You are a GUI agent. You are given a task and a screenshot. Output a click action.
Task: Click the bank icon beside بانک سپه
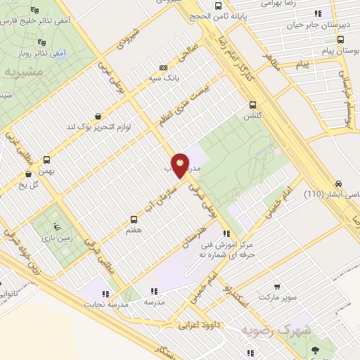pyautogui.click(x=163, y=67)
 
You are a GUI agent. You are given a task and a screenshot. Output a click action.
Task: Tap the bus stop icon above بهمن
pyautogui.click(x=46, y=160)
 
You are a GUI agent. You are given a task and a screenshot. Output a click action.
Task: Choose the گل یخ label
pyautogui.click(x=32, y=185)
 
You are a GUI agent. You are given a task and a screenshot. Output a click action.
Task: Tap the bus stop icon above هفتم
pyautogui.click(x=134, y=219)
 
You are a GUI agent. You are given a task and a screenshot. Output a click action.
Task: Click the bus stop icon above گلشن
pyautogui.click(x=250, y=105)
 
